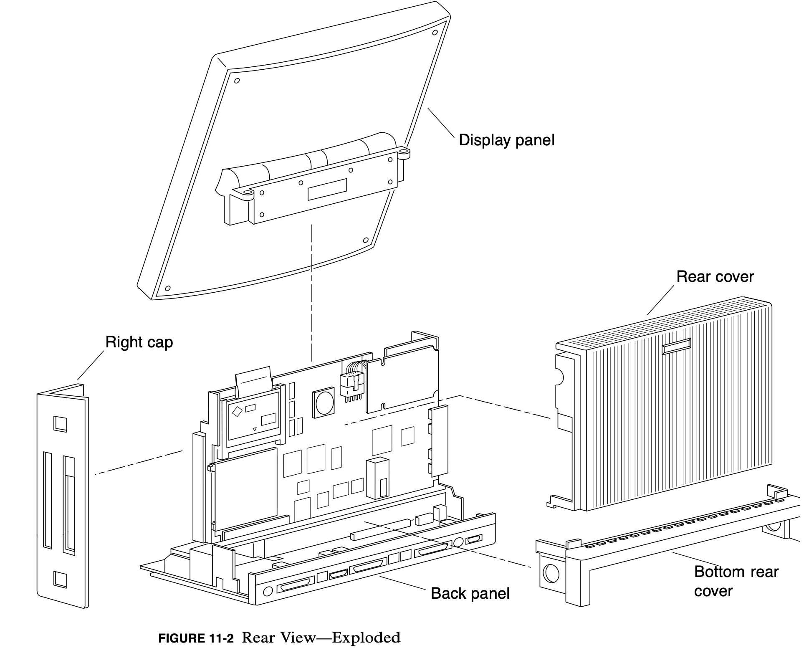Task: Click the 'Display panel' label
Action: [x=506, y=140]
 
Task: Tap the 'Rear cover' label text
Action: [x=715, y=277]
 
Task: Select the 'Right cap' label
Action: [x=139, y=342]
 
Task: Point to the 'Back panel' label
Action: [x=470, y=593]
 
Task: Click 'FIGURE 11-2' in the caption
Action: [x=196, y=638]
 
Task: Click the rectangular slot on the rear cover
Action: [x=676, y=346]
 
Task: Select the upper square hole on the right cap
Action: [x=60, y=424]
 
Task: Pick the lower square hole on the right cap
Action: [x=60, y=580]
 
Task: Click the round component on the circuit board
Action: [x=324, y=403]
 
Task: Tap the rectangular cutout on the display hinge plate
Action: [x=327, y=190]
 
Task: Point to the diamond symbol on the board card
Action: [x=237, y=411]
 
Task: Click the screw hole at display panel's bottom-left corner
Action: [x=168, y=288]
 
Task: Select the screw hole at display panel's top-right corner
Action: [x=435, y=32]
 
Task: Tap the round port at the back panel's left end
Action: [x=268, y=591]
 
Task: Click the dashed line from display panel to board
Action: [x=312, y=292]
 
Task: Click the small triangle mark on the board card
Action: [x=255, y=429]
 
